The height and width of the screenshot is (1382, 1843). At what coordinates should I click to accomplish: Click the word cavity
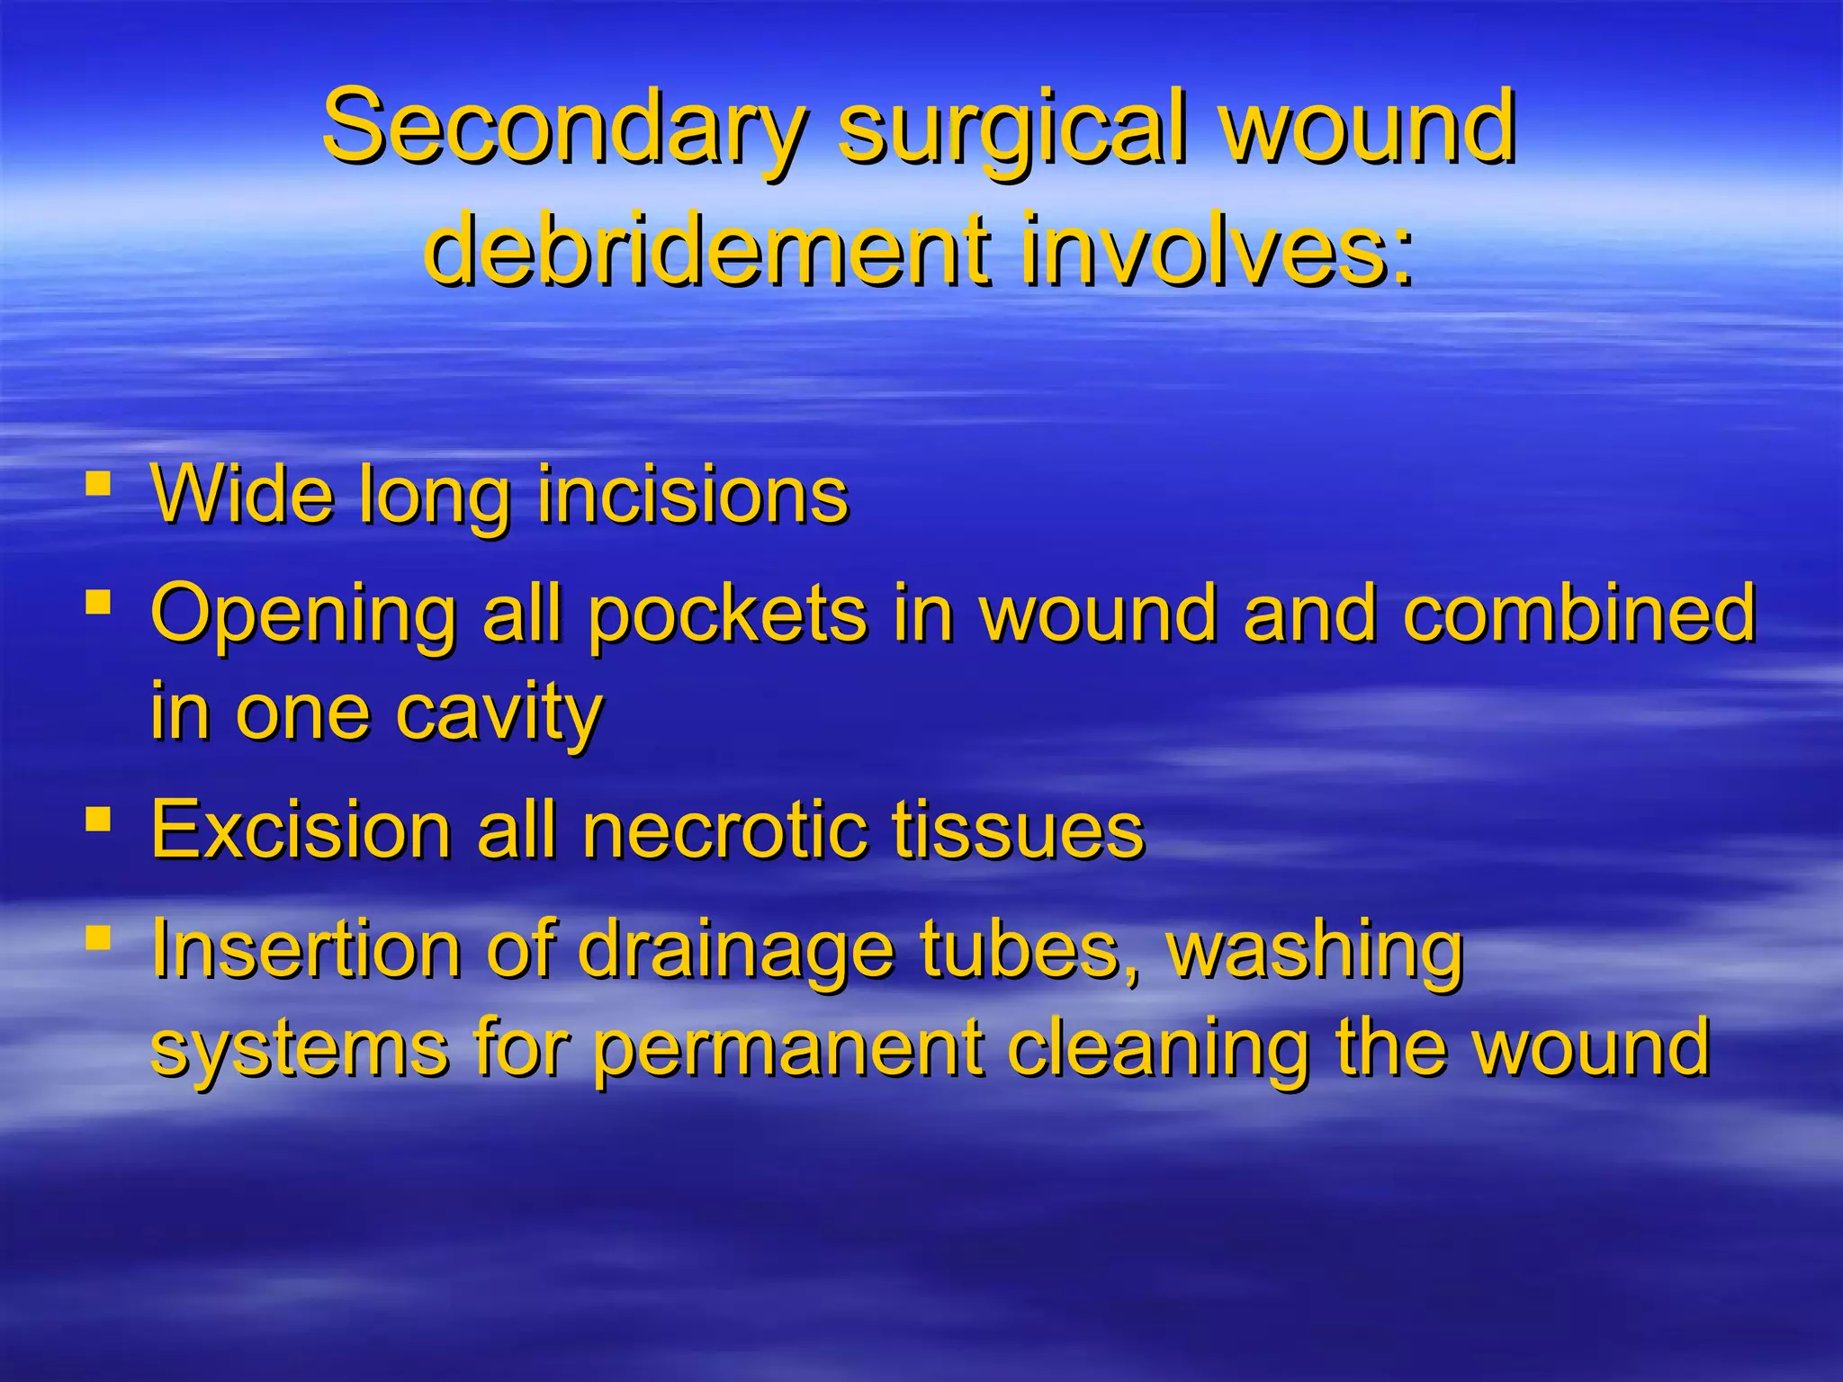499,713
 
